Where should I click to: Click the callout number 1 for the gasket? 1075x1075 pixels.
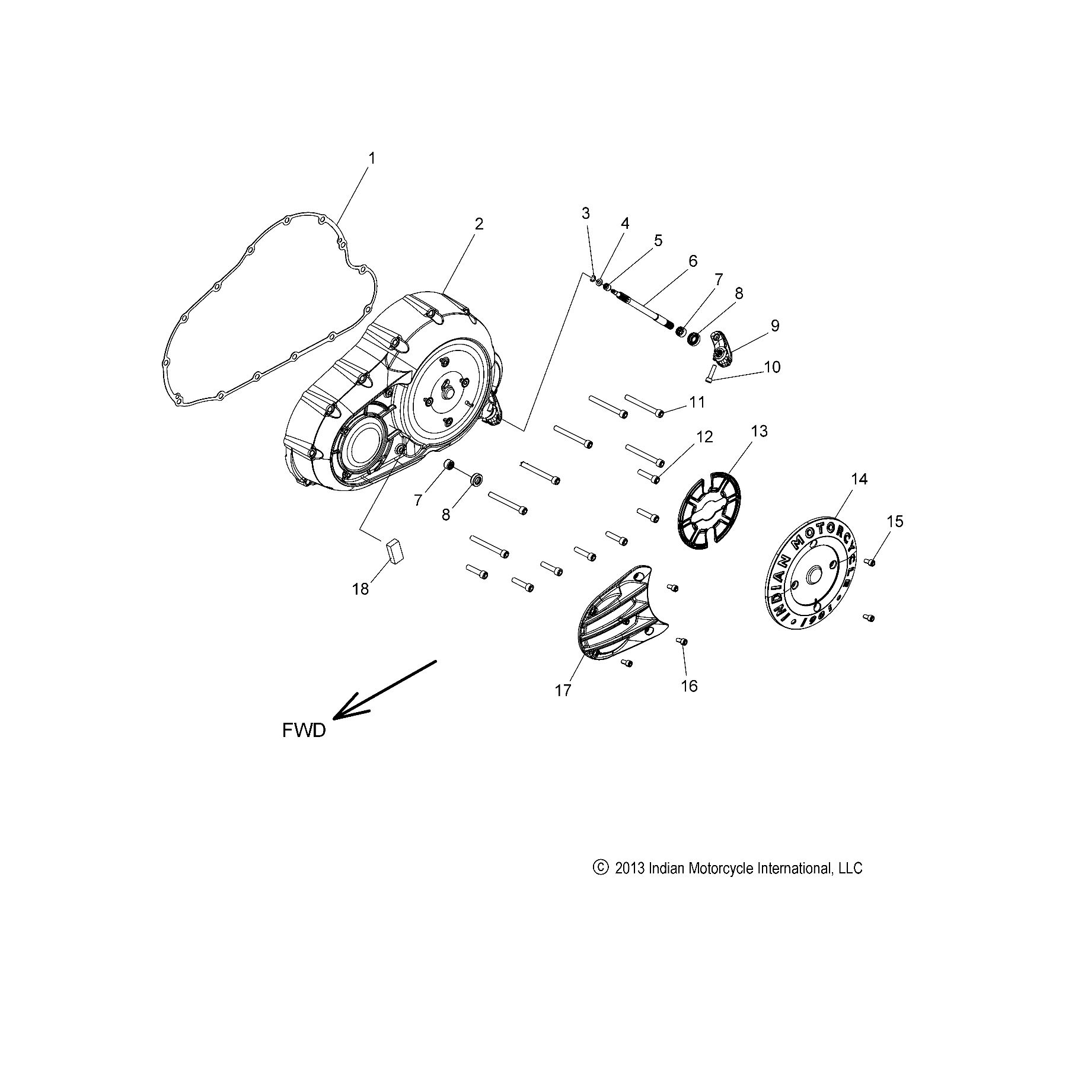(x=372, y=158)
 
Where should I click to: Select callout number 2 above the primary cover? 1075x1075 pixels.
(x=479, y=224)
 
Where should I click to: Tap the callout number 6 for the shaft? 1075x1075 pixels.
(x=693, y=261)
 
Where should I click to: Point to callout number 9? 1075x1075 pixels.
(x=774, y=326)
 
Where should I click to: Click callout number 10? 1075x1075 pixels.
(x=772, y=367)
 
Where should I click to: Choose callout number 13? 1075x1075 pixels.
(x=759, y=431)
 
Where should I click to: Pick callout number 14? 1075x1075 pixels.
(x=859, y=479)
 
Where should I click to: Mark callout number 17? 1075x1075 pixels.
(x=563, y=690)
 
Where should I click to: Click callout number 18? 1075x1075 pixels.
(x=361, y=589)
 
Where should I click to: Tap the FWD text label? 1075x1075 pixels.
(x=304, y=731)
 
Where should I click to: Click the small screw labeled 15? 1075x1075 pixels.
(x=870, y=562)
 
